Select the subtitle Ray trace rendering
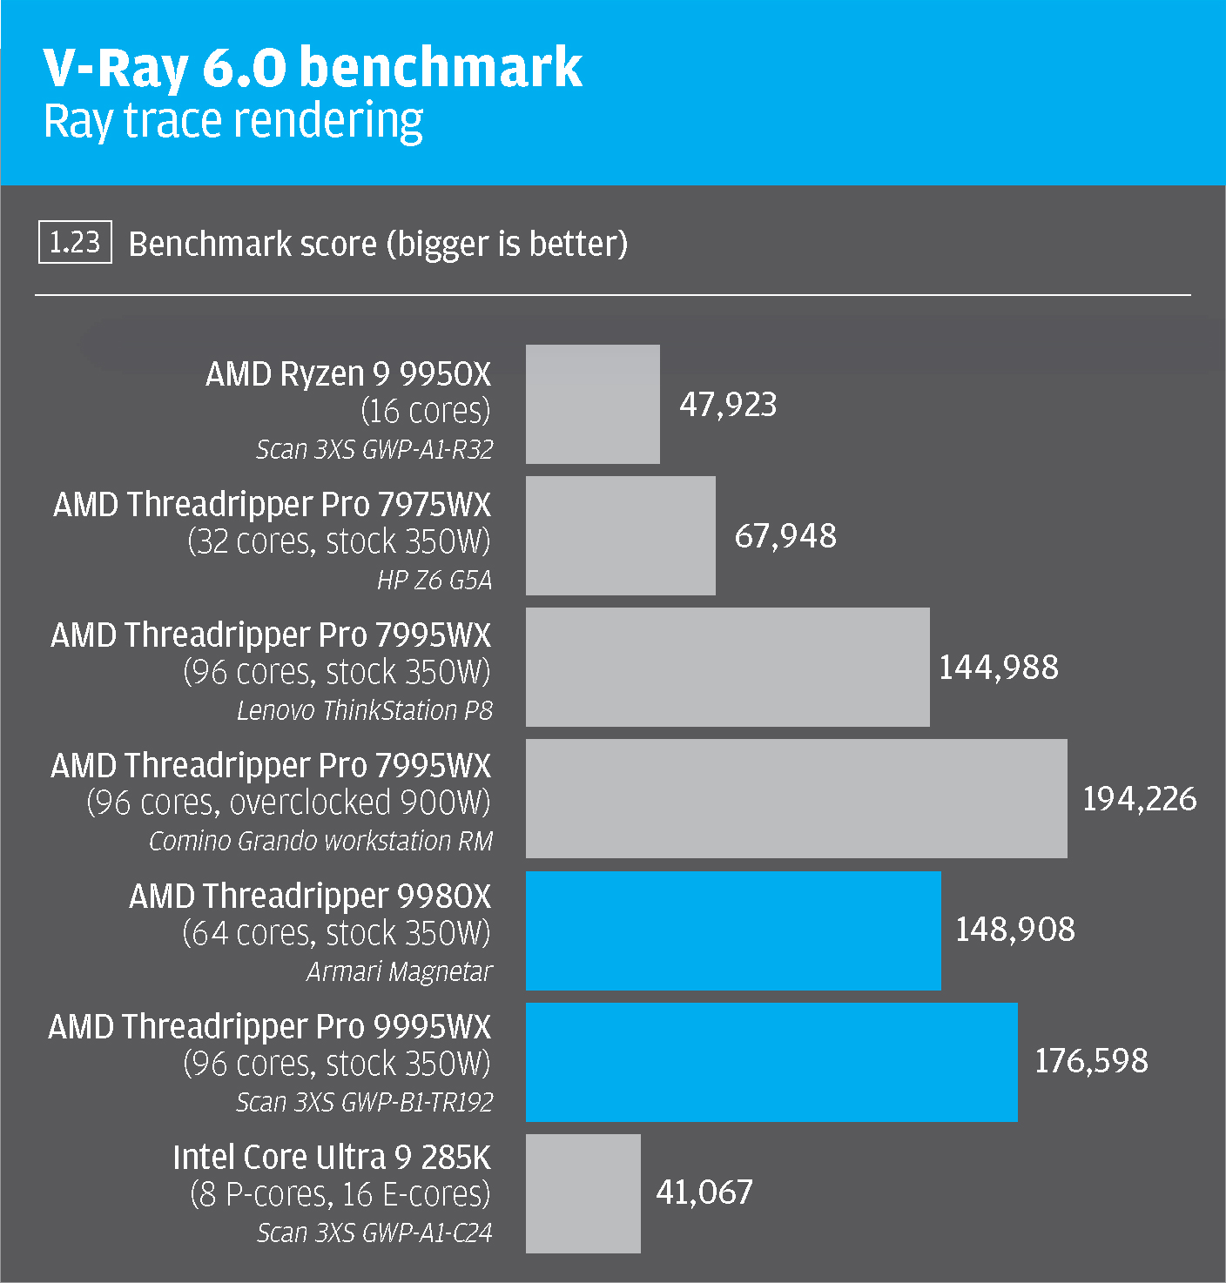pos(233,121)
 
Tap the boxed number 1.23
pos(75,242)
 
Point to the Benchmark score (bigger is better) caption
pos(378,244)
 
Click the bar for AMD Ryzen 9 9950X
pos(592,404)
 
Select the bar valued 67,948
pos(620,535)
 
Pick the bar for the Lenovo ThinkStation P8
pos(727,667)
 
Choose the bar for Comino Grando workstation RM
pos(796,798)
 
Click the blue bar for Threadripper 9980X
pos(733,930)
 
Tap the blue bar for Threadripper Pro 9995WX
pos(771,1061)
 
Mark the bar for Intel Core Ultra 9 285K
pos(583,1192)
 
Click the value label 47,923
pos(728,405)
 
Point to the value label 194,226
pos(1139,799)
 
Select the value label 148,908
pos(1014,930)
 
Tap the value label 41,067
pos(704,1192)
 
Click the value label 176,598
pos(1090,1061)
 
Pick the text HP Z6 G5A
pos(434,580)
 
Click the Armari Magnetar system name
pos(399,971)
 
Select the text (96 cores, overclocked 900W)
pos(288,803)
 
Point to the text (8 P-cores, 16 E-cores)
pos(340,1194)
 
